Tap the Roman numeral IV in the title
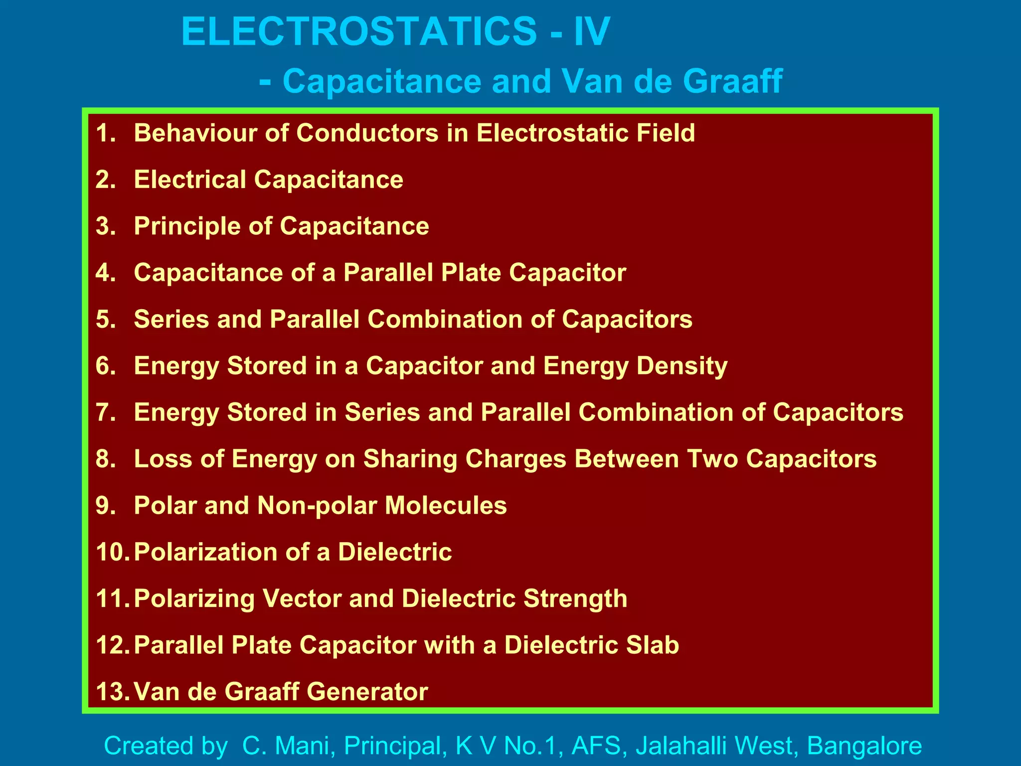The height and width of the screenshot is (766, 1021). click(x=592, y=31)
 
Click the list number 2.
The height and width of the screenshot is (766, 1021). click(x=105, y=180)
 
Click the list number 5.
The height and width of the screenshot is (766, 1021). click(x=105, y=319)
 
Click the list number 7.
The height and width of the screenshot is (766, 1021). click(x=105, y=412)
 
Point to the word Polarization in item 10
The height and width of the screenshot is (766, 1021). click(x=205, y=552)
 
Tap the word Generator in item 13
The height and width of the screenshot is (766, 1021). click(x=367, y=692)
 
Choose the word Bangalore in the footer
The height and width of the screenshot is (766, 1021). click(x=864, y=746)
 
